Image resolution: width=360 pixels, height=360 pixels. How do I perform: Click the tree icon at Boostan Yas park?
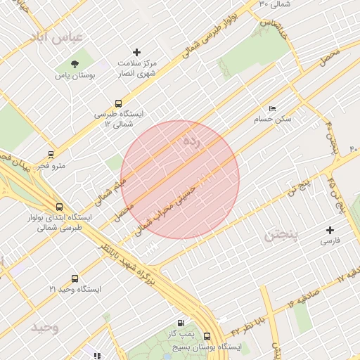coord(75,64)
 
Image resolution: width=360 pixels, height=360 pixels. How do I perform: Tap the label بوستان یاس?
coord(75,75)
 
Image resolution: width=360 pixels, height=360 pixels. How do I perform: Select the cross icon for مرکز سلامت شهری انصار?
coord(137,52)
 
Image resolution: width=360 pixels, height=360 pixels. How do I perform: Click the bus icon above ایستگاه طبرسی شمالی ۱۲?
coord(118,103)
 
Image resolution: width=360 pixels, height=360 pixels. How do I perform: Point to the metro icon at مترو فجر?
coord(51,155)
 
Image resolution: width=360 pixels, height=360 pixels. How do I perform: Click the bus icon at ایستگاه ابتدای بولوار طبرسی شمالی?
coord(59,207)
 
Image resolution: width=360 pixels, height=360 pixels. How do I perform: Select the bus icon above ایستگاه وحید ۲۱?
coord(75,278)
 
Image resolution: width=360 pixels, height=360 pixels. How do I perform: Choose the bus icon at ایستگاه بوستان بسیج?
coord(207,336)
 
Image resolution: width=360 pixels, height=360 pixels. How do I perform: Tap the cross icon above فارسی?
coord(330,230)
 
